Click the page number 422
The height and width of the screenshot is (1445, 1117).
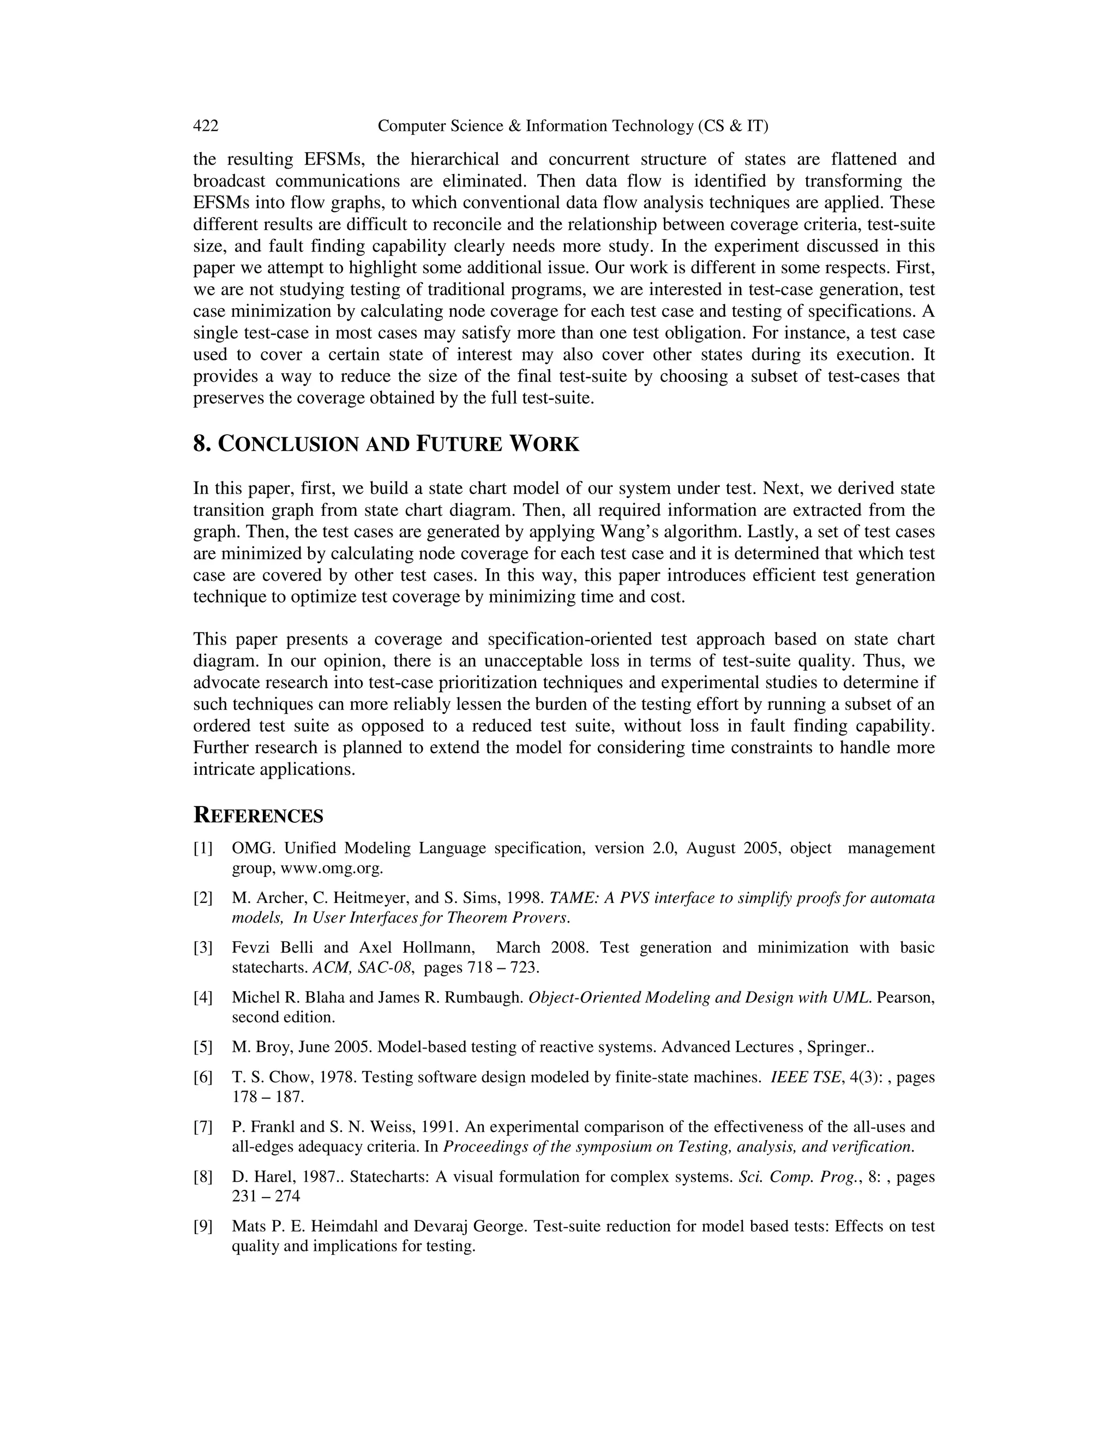click(x=206, y=126)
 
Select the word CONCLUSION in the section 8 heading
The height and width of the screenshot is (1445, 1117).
click(x=289, y=444)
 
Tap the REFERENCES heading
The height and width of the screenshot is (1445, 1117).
click(x=258, y=816)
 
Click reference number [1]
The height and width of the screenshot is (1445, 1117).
click(x=203, y=848)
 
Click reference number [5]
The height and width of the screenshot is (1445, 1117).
click(x=203, y=1047)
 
